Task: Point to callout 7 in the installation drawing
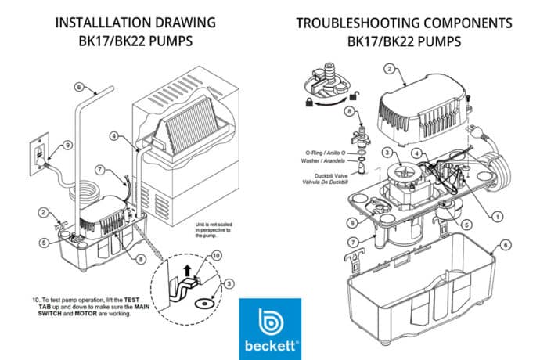pos(99,169)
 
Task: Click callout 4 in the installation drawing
pos(114,135)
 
